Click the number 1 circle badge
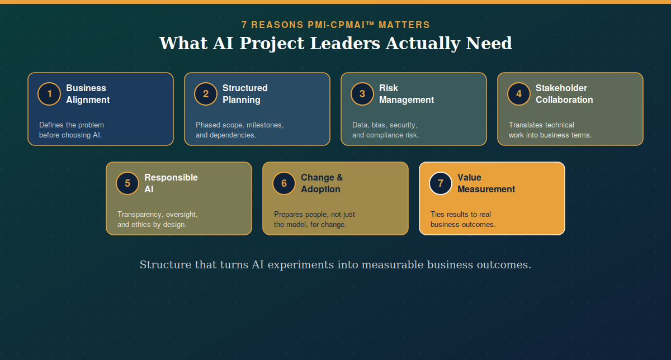(x=49, y=94)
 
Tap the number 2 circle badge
(x=206, y=94)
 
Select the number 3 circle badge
(x=362, y=94)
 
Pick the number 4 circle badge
(x=519, y=94)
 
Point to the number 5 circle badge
(x=127, y=183)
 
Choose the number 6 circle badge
(x=284, y=183)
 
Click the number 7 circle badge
(x=441, y=183)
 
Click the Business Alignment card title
(x=88, y=94)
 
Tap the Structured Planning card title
(x=245, y=94)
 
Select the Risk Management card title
(x=407, y=94)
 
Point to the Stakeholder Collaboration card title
(x=564, y=94)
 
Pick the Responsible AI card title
(x=171, y=183)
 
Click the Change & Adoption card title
(x=322, y=183)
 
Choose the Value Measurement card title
(x=486, y=183)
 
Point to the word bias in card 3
(x=379, y=125)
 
